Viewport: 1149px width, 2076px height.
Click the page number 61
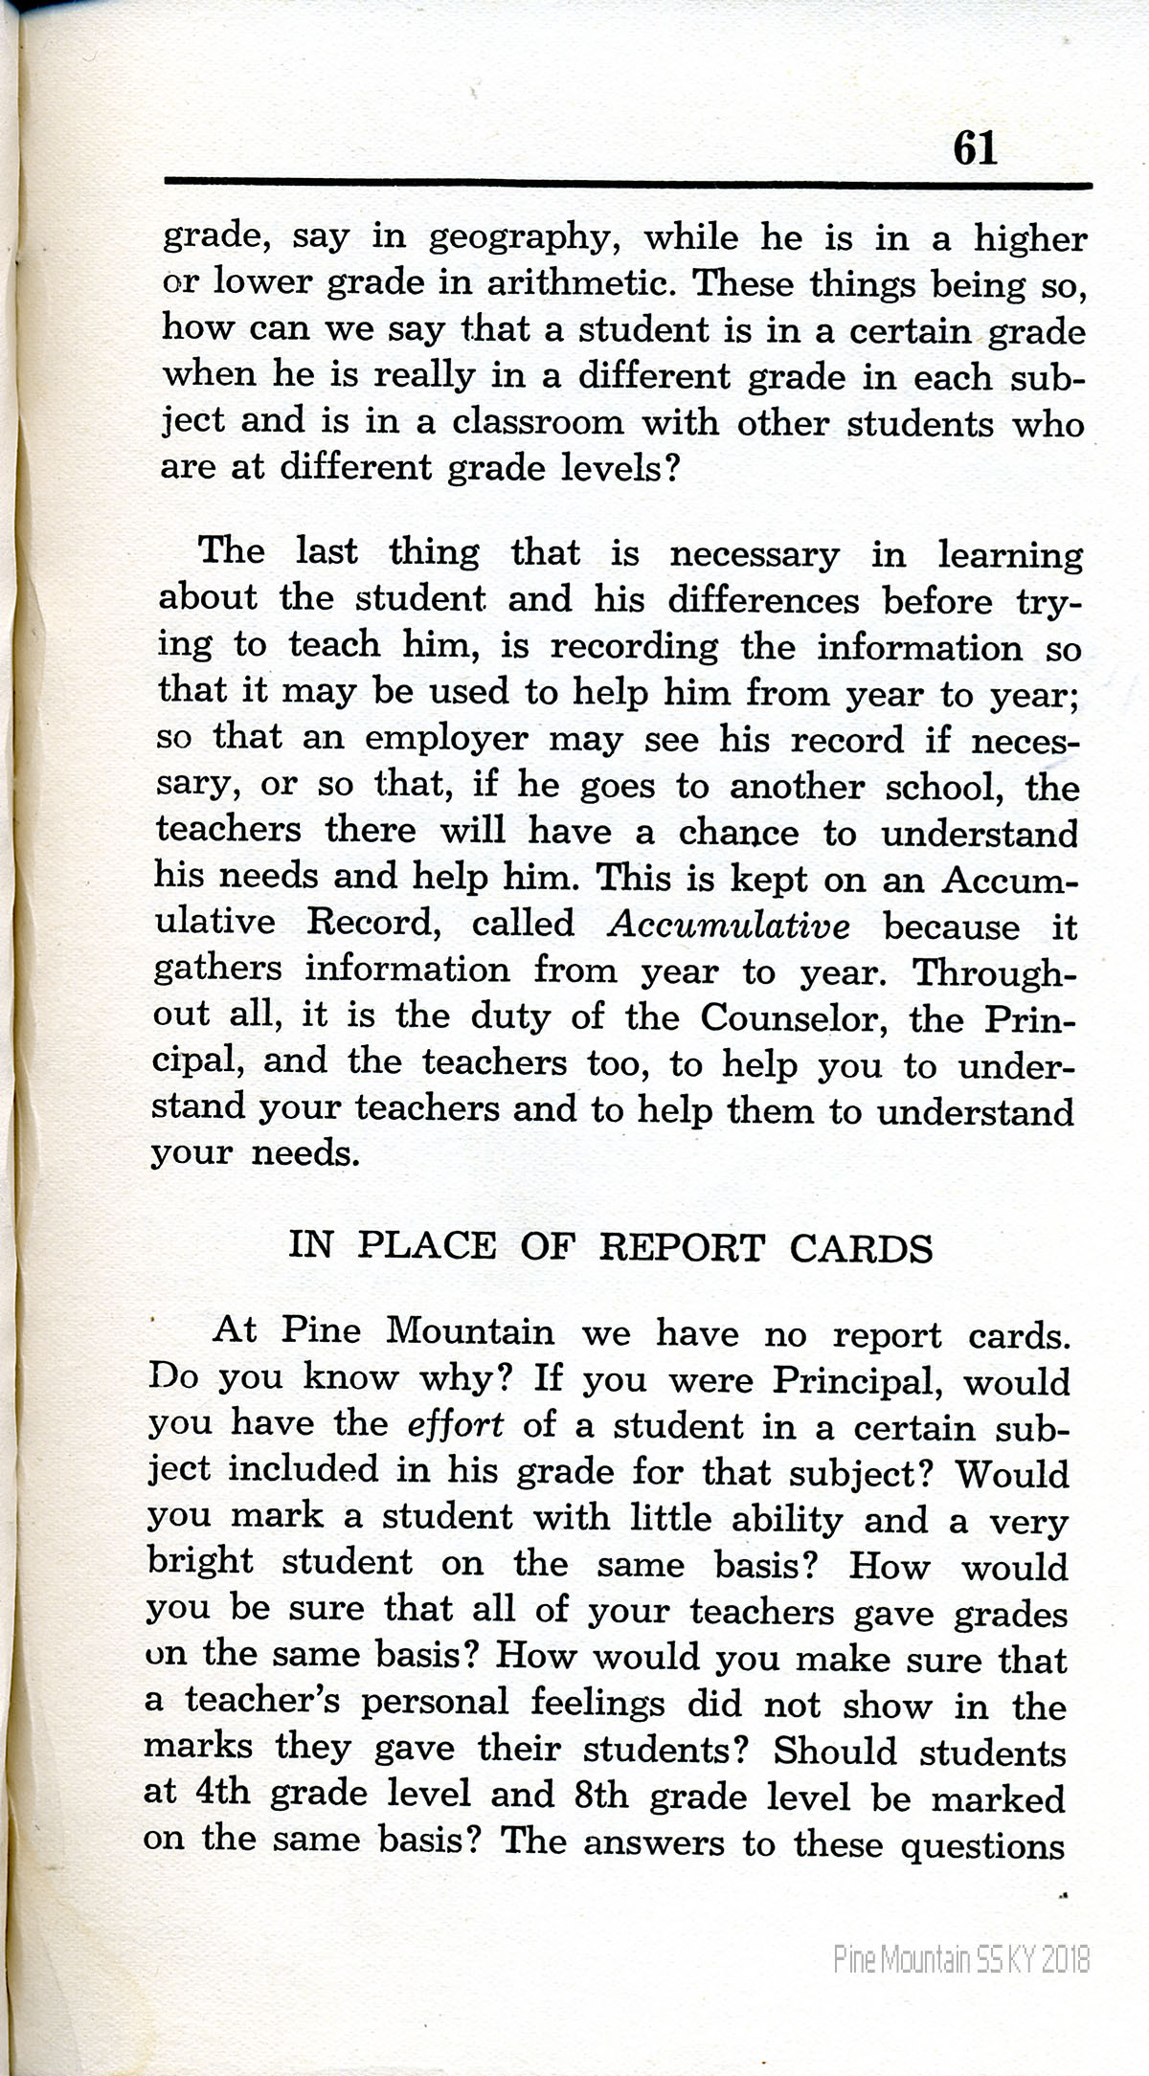[975, 149]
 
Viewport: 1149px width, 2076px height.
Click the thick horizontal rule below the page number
[627, 182]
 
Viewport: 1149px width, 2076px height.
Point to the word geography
[518, 238]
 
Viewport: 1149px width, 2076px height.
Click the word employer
[446, 739]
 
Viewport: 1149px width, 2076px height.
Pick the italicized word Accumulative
[729, 926]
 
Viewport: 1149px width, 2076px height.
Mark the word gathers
[218, 970]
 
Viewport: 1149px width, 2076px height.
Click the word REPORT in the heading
[682, 1248]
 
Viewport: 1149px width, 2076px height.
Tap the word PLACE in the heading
[427, 1246]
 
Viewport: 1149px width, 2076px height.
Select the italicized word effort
[455, 1426]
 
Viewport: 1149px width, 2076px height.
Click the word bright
[200, 1563]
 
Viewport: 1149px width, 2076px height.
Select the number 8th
[601, 1795]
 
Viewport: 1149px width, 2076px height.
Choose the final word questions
[982, 1844]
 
